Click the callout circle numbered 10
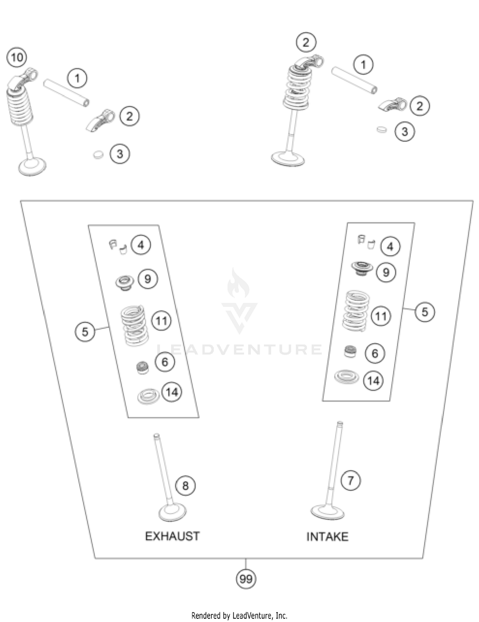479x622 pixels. coord(17,57)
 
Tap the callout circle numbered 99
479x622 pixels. coord(246,579)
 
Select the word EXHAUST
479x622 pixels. coord(172,536)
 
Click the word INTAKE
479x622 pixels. coord(327,537)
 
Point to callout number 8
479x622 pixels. coord(185,486)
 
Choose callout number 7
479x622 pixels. coord(351,480)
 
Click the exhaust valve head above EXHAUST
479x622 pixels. coord(172,513)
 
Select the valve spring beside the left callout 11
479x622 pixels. coord(134,326)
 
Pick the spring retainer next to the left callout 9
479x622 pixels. coord(124,283)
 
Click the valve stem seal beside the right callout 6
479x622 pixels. coord(351,351)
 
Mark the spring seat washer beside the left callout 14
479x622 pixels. coord(148,396)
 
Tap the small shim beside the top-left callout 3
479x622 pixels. coord(98,155)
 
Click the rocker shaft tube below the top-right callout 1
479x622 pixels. coord(354,80)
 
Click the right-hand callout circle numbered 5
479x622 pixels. coord(424,312)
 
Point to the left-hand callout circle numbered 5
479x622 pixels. coord(85,331)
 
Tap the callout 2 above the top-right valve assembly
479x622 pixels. coord(306,42)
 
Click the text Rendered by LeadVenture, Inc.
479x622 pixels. coord(239,615)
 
